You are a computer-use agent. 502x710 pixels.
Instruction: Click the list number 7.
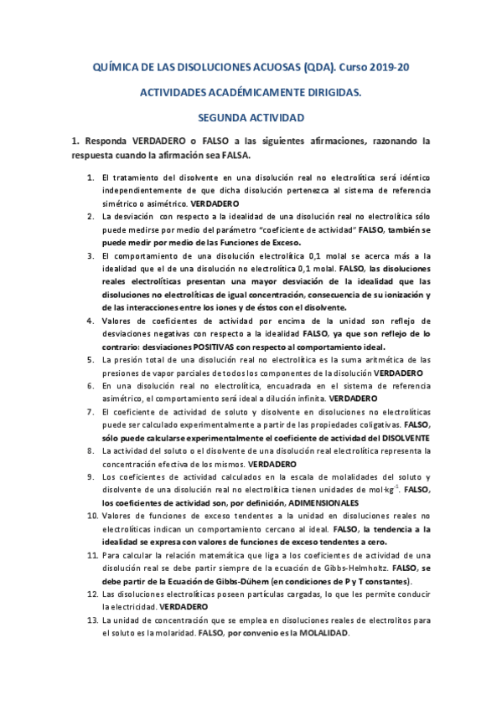(x=91, y=412)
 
